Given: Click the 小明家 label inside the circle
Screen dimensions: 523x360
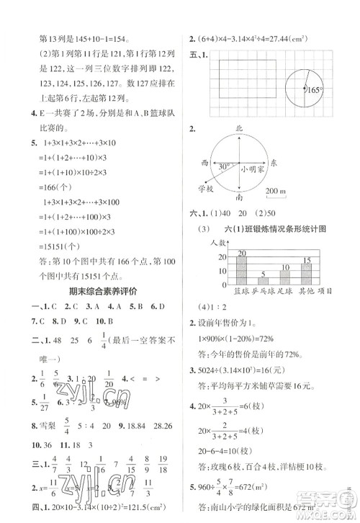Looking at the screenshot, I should click(x=252, y=170).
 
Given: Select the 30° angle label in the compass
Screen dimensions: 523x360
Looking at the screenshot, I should click(x=225, y=166).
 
